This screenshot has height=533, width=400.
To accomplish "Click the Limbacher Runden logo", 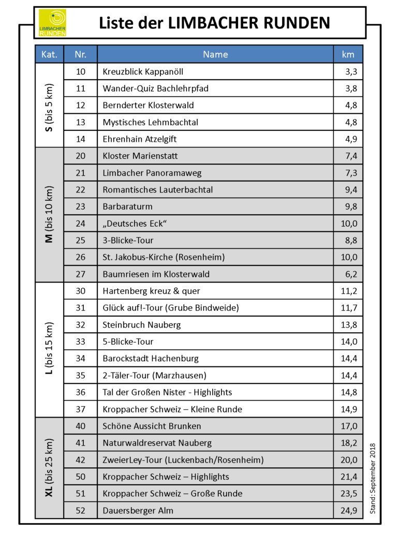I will [53, 23].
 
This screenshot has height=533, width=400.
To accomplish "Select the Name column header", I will [215, 54].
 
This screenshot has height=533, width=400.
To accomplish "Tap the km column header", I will [348, 54].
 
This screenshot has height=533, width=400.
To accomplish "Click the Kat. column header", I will [49, 54].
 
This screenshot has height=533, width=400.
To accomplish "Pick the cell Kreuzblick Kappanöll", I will [143, 71].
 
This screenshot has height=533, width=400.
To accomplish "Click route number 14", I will [80, 139].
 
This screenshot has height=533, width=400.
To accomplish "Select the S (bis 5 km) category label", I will [49, 106].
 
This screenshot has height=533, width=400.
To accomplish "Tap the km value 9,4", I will [351, 189].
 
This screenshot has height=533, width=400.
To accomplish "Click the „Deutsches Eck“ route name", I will [135, 224].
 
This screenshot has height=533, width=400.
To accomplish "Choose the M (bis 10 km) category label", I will [49, 215].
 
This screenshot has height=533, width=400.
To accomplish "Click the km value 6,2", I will [351, 274].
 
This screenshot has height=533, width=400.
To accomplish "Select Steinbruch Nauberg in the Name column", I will [142, 324].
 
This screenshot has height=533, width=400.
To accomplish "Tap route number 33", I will [80, 342].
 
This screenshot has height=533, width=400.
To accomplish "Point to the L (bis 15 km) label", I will [49, 350].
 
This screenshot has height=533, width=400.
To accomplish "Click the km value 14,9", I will [349, 409].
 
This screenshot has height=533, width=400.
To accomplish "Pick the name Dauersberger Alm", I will [138, 510].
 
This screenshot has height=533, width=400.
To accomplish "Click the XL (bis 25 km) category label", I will [49, 468].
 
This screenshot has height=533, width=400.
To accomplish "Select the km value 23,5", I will [349, 493].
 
